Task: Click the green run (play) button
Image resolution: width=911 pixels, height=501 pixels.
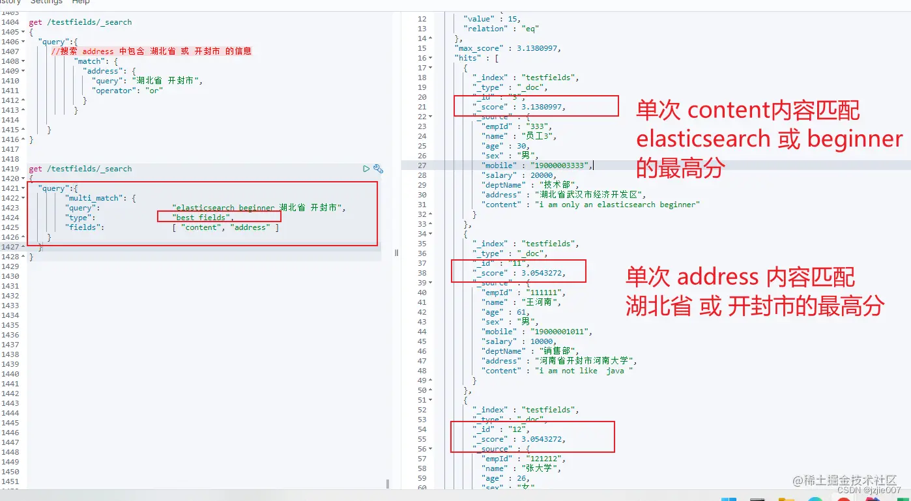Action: point(366,169)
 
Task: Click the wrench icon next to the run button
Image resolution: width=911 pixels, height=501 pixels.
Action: point(378,169)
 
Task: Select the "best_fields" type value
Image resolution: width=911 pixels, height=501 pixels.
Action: point(201,218)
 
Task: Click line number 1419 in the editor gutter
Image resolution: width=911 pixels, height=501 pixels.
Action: point(10,169)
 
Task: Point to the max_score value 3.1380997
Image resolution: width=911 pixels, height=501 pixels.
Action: point(536,48)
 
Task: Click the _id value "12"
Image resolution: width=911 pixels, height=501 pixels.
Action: point(516,429)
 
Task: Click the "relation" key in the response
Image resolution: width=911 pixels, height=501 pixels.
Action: point(484,29)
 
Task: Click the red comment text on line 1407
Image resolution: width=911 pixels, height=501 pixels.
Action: point(151,51)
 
